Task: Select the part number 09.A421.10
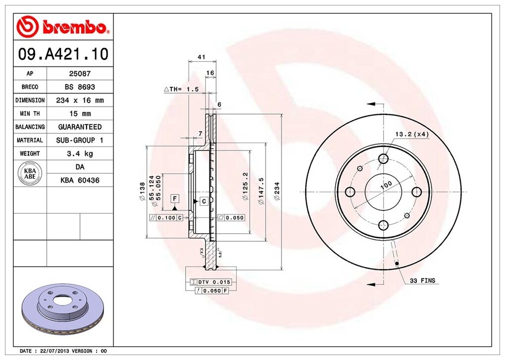coord(63,54)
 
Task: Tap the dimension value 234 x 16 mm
coord(79,100)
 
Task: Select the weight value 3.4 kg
coord(79,154)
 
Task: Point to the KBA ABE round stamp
coord(30,173)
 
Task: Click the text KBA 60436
coord(80,180)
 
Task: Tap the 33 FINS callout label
coord(422,281)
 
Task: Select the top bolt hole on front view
coord(383,158)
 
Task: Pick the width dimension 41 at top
coord(202,57)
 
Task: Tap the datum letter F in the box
coord(174,199)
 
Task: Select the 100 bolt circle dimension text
coord(386,184)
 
